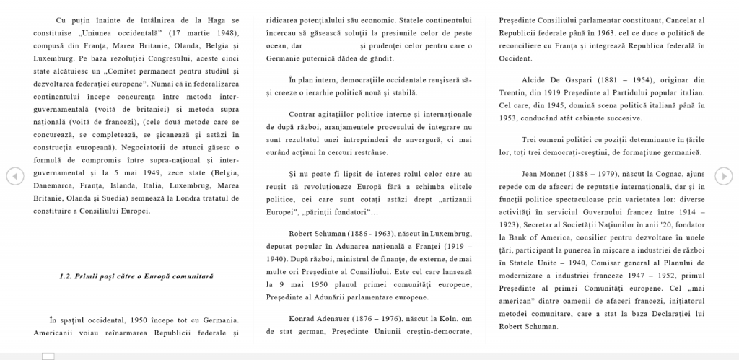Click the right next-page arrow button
[724, 175]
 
